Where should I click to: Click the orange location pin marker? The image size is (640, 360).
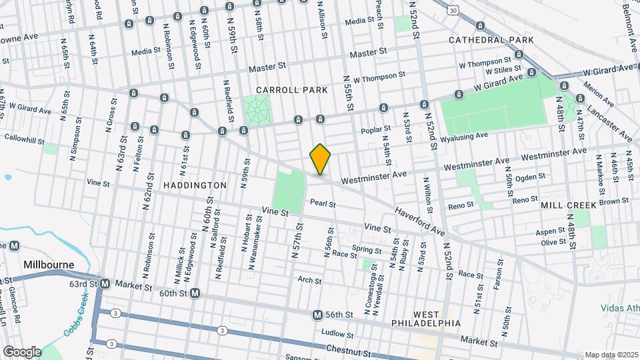click(x=321, y=159)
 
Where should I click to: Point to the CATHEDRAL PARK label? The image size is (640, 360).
click(x=491, y=40)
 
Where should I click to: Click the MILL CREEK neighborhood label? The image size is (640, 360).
click(x=569, y=205)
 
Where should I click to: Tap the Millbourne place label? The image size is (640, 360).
click(x=49, y=265)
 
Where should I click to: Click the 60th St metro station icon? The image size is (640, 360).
click(x=195, y=293)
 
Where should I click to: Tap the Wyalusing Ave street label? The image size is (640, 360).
click(x=464, y=136)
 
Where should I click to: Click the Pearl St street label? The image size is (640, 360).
click(x=322, y=203)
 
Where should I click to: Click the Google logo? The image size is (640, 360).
click(x=22, y=351)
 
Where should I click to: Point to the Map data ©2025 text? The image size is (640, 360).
click(x=611, y=355)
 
